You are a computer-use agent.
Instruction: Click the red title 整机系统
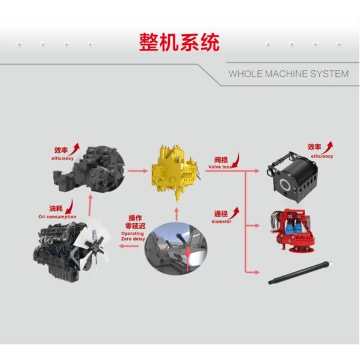[x=179, y=43]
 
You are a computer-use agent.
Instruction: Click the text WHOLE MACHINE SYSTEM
[x=288, y=74]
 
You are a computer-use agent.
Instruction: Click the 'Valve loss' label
[x=220, y=168]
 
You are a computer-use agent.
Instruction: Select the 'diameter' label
[x=221, y=221]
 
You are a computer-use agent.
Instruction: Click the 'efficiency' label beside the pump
[x=62, y=158]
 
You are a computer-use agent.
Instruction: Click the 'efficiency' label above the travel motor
[x=321, y=156]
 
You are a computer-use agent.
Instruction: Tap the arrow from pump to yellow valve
[x=138, y=172]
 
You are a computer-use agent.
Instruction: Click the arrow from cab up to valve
[x=176, y=214]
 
